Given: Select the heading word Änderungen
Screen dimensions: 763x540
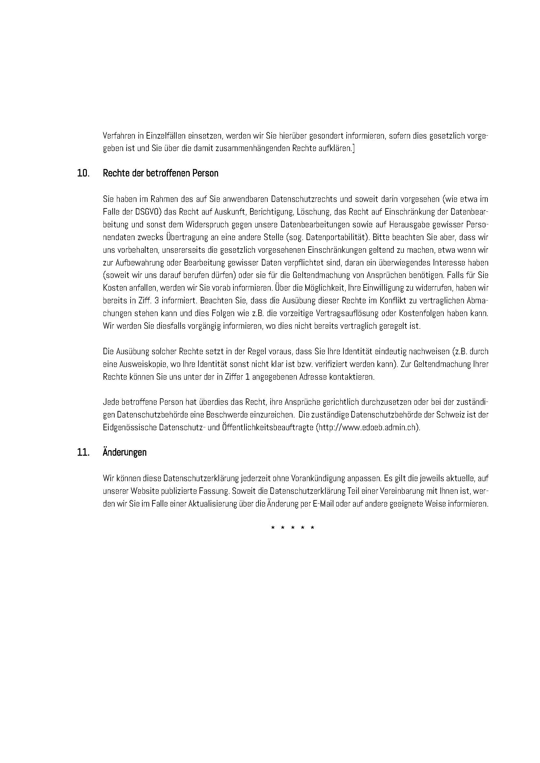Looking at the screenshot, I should pyautogui.click(x=125, y=453).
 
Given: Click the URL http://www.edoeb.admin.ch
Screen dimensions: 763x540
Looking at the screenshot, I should pyautogui.click(x=367, y=427).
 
